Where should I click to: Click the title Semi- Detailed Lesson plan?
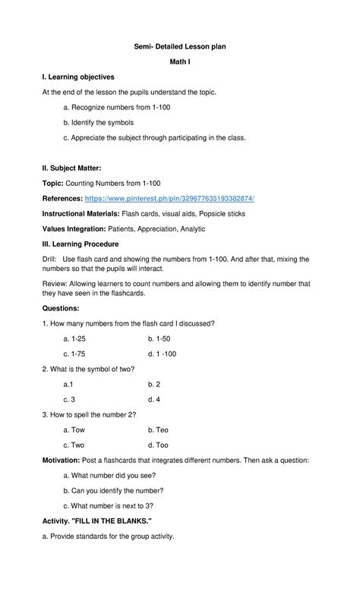(179, 47)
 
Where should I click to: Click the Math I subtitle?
(179, 62)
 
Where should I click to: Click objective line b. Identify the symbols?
(111, 121)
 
